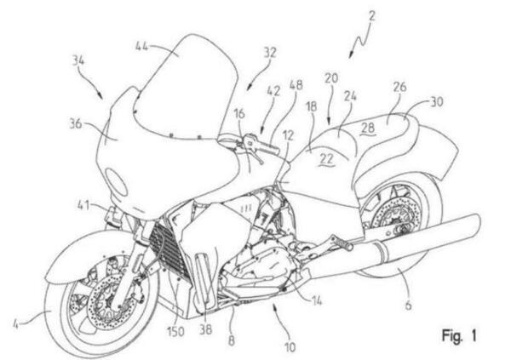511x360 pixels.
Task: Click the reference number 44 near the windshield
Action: pos(141,46)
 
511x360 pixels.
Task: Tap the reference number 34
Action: pos(78,61)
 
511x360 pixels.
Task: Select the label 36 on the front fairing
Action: pos(76,123)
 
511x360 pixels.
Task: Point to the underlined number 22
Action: pos(326,159)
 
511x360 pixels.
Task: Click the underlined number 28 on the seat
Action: pos(368,128)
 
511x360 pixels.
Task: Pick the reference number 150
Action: pos(175,332)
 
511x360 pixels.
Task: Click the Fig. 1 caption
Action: pos(459,335)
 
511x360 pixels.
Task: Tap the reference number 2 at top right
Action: pos(372,16)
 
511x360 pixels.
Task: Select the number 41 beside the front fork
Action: pos(83,205)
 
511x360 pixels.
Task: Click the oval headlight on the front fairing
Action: pos(116,182)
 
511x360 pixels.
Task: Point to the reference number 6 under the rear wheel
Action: pos(408,306)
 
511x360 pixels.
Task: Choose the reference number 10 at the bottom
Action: pos(290,347)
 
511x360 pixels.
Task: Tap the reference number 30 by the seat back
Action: pos(437,102)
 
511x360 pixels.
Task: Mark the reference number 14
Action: pos(316,300)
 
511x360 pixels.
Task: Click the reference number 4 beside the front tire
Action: pos(15,324)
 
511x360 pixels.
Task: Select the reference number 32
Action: pos(270,53)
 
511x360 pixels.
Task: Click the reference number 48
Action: pos(296,85)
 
